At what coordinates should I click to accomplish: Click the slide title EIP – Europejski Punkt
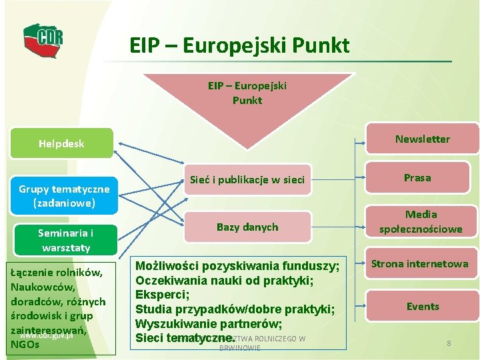[x=239, y=45]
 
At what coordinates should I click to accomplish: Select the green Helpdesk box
[x=61, y=143]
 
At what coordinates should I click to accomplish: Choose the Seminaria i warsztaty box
[x=65, y=240]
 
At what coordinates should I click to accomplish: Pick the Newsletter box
[x=422, y=139]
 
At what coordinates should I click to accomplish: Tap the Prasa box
[x=417, y=177]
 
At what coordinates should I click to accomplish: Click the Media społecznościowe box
[x=420, y=221]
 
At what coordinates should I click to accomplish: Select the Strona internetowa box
[x=419, y=264]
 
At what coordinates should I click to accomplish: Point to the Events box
[x=423, y=307]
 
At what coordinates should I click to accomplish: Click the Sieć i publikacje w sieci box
[x=247, y=179]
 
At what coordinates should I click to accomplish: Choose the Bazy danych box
[x=247, y=227]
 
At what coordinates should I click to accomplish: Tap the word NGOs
[x=25, y=345]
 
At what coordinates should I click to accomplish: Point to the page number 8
[x=449, y=343]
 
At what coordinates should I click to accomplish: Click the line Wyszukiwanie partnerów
[x=209, y=324]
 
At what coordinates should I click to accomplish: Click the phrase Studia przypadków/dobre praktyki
[x=234, y=309]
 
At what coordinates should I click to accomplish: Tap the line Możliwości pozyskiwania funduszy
[x=237, y=266]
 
